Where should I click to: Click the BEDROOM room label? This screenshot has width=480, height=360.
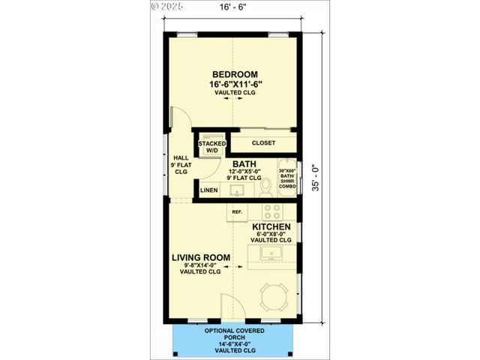click(235, 74)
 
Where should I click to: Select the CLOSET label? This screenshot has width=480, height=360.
click(263, 142)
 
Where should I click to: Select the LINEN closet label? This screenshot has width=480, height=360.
click(209, 190)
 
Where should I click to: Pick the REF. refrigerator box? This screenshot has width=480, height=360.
click(237, 212)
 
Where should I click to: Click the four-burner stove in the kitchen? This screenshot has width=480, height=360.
click(271, 211)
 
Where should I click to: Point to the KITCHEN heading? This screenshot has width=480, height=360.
click(271, 226)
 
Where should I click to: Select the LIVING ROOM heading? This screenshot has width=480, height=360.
click(200, 258)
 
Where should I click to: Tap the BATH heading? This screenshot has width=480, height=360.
click(244, 163)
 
